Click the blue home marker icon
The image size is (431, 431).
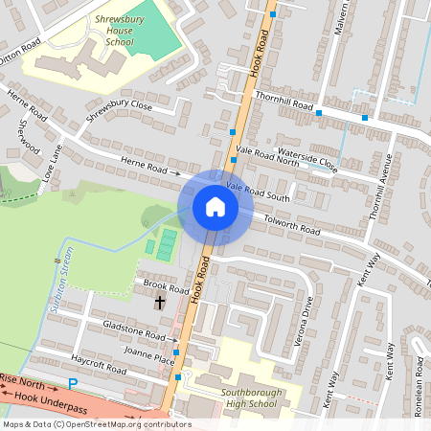click(x=215, y=207)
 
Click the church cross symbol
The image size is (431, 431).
click(x=159, y=303)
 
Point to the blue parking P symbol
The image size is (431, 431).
click(x=73, y=384)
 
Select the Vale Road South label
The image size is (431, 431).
click(x=258, y=191)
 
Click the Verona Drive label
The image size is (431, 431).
click(x=306, y=314)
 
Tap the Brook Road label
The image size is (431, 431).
click(x=165, y=286)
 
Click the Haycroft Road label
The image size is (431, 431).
click(x=99, y=363)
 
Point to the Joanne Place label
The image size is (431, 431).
click(x=149, y=360)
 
